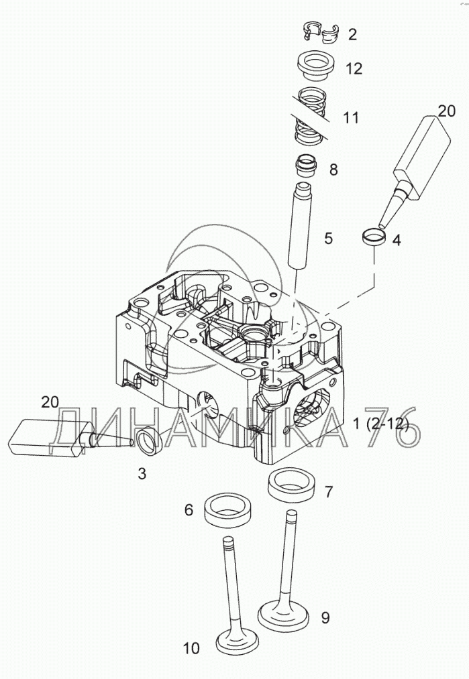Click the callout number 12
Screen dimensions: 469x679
[x=354, y=68]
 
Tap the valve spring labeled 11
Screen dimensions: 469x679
[x=309, y=115]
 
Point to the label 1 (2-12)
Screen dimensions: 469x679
[x=381, y=424]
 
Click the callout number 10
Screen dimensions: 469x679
[x=191, y=648]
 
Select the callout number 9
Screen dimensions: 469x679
[x=325, y=617]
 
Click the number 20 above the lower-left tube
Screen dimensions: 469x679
[x=50, y=402]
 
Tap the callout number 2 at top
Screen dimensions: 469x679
[x=352, y=34]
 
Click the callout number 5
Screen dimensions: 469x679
[x=328, y=238]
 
